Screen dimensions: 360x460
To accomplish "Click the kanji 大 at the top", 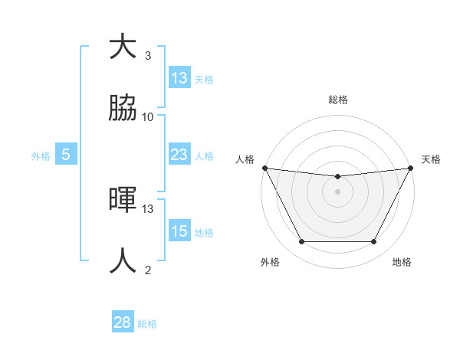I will coord(123,47).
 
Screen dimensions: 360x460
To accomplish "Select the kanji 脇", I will coord(123,109).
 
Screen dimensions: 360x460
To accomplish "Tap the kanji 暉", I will coord(123,201).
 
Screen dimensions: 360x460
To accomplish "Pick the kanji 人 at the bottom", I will coord(123,261).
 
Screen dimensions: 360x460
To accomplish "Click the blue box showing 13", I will coord(179,78).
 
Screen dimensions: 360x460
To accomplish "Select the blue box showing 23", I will coord(179,155).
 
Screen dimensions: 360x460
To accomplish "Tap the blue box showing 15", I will coord(179,231).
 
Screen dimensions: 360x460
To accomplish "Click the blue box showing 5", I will coord(66,155).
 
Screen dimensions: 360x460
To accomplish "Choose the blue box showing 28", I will coord(122,322).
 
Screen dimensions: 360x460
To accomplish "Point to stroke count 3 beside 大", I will coord(148,56).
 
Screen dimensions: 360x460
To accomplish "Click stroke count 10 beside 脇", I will coord(148,117).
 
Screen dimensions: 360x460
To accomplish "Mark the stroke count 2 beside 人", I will coord(148,270).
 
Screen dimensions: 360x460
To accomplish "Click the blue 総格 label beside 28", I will coord(147,324).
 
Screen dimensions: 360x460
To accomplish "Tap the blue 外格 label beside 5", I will coord(41,156).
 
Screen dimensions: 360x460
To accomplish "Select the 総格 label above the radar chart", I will coord(338,100).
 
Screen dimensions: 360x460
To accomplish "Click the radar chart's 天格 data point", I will coord(411,168).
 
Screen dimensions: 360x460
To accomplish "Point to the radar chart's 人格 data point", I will coord(264,168).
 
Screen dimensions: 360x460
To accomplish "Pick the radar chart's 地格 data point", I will coord(374,242).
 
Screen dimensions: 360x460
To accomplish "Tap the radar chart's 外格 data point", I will coord(301,242).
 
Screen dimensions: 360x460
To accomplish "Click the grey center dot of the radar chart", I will coord(338,191).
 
